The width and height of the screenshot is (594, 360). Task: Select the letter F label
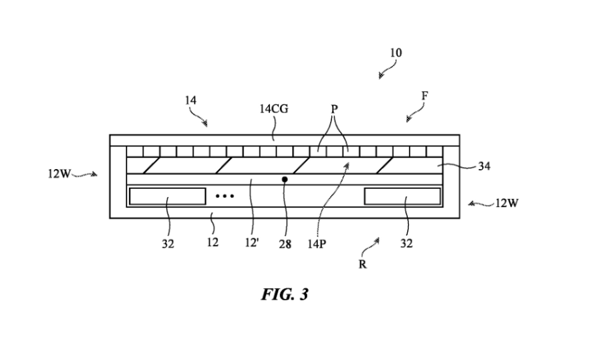pos(424,96)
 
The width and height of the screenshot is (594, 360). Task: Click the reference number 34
pos(485,166)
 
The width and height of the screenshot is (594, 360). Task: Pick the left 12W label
pos(59,174)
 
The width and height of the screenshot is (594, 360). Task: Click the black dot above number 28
pos(285,179)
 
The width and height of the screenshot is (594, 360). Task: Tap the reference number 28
pos(285,243)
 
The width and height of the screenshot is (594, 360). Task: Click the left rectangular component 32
pos(167,196)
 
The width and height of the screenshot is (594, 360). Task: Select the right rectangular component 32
pos(402,196)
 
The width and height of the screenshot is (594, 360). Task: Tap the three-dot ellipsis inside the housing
pos(224,196)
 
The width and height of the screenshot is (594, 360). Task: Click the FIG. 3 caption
pos(284,293)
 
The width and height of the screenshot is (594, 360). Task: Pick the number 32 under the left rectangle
pos(168,244)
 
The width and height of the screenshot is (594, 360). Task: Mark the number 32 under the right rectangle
pos(406,244)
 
